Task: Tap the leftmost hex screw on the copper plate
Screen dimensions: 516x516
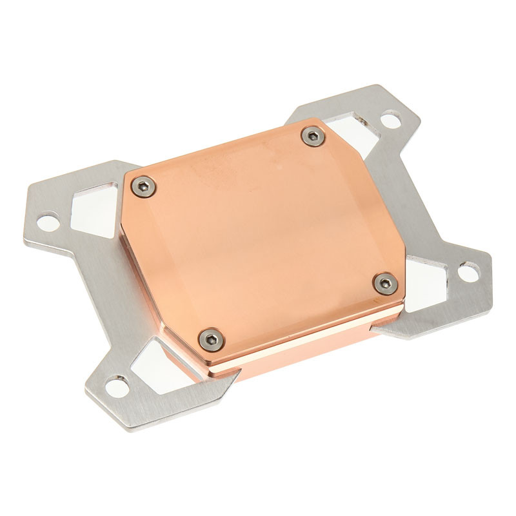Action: (x=141, y=186)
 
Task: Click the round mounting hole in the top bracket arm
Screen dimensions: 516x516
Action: (x=390, y=119)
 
